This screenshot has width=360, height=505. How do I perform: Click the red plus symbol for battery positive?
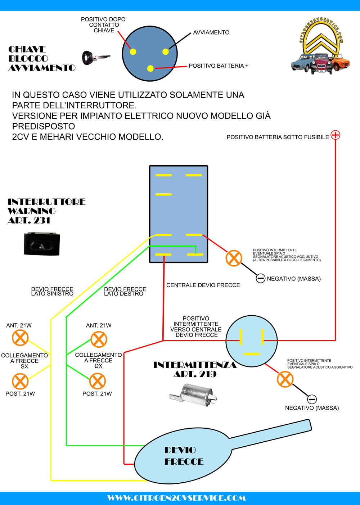(x=335, y=135)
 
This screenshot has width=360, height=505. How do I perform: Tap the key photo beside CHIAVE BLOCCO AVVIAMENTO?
(x=95, y=58)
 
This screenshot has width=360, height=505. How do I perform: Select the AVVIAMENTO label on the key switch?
(x=211, y=32)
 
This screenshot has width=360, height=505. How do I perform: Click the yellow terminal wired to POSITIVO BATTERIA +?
(x=150, y=68)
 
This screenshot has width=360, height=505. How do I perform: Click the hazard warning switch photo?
(x=42, y=244)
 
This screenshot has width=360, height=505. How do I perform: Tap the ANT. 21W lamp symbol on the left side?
(x=20, y=338)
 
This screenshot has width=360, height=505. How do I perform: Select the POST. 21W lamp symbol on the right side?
(x=97, y=381)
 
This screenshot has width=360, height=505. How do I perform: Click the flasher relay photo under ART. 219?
(x=193, y=395)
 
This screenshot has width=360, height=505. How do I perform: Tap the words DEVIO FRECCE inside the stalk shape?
(x=184, y=456)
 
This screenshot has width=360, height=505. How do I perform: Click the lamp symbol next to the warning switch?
(x=234, y=258)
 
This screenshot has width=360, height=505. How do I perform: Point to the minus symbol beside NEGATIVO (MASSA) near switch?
(x=260, y=278)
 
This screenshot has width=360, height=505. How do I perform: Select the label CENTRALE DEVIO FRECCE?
(x=203, y=285)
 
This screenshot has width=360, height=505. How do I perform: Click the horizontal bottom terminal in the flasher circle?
(x=251, y=354)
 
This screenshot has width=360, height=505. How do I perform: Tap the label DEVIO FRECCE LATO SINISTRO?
(x=52, y=291)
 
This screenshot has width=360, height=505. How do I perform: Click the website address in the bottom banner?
(x=176, y=498)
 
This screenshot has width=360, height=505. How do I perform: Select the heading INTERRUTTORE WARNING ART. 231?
(x=46, y=211)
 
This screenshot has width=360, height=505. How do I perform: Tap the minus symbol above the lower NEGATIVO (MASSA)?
(x=312, y=399)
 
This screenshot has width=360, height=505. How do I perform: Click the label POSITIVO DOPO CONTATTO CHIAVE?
(x=103, y=25)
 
